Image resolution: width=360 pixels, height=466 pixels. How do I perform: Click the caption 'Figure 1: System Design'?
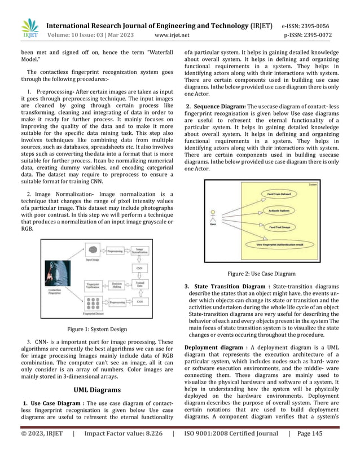click(x=96, y=329)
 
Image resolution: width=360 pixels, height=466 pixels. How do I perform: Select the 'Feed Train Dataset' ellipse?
click(x=279, y=194)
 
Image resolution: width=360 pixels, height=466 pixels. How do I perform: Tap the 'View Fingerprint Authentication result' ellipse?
click(x=281, y=245)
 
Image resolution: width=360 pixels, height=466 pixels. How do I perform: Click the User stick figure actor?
click(x=213, y=217)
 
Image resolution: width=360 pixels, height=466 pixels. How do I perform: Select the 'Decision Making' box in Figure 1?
click(x=117, y=285)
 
